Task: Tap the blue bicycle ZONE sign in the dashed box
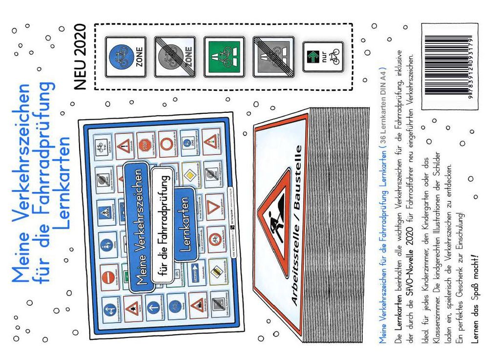pos(124,56)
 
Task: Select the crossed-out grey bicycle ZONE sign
pos(174,57)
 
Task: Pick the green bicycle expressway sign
pos(224,57)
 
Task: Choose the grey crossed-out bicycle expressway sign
pos(273,57)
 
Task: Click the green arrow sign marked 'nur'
pos(322,57)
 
